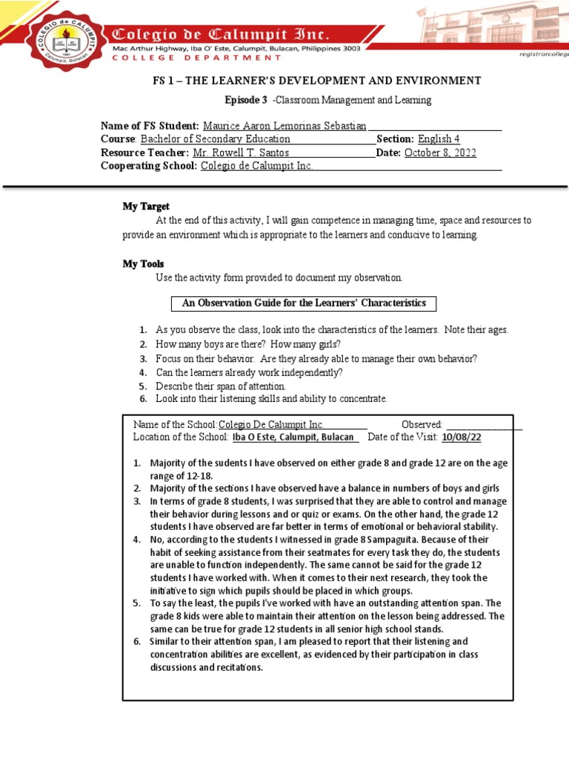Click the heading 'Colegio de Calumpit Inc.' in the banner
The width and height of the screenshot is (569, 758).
coord(220,34)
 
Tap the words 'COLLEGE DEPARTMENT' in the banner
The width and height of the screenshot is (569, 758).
coord(196,58)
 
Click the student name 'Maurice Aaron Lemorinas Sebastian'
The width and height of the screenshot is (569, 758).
coord(284,125)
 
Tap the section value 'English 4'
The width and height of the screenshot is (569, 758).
coord(439,138)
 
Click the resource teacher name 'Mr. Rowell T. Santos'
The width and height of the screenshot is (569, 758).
coord(241,152)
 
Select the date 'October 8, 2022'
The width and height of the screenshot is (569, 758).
coord(440,152)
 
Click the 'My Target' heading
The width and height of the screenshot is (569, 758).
coord(146,207)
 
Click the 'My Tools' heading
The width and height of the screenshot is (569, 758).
coord(143,264)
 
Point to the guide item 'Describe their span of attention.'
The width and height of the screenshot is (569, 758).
coord(220,386)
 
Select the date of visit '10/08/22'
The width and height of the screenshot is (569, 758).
coord(461,437)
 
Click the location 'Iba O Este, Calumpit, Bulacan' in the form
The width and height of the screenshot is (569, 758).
coord(293,437)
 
